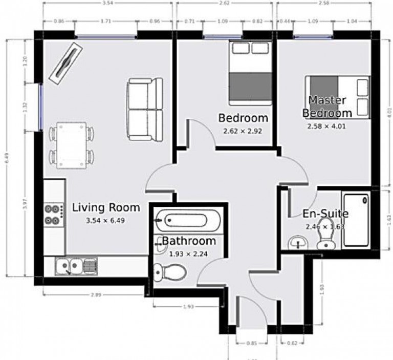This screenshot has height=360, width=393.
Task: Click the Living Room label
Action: point(106,207)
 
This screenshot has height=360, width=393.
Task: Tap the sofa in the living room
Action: point(145,109)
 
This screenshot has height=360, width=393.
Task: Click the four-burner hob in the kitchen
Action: point(53,215)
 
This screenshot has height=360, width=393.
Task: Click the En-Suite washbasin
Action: point(296,241)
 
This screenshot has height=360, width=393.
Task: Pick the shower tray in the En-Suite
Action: point(356,219)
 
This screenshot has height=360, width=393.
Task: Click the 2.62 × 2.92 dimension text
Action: point(243,131)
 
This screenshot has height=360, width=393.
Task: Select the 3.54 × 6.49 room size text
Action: point(106,221)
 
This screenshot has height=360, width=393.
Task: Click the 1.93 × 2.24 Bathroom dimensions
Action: point(188,253)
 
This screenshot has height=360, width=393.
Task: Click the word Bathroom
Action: point(189,241)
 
